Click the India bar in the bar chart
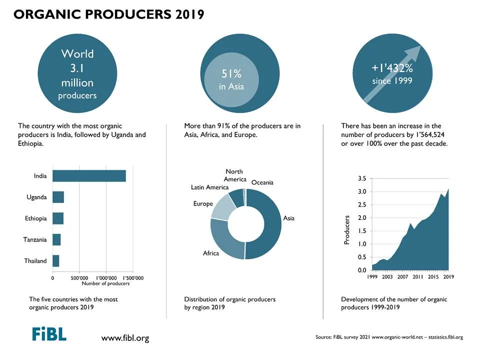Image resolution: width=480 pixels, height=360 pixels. coord(89,175)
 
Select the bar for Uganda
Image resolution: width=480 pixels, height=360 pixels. coord(58,197)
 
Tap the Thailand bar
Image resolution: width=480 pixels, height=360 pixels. coord(55,261)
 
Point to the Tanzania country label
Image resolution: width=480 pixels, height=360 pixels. coord(35,239)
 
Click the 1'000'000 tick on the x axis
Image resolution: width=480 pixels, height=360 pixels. coord(106,278)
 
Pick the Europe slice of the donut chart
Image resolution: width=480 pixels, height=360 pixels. coord(223,206)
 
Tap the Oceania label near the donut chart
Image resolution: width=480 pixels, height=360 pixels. coord(262,182)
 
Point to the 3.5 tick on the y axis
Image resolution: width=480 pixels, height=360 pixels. coord(362,178)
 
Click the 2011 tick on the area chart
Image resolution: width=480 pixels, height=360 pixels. coord(418,276)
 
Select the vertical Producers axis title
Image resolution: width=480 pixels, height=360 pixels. coord(346,230)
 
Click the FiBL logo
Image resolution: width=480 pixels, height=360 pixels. coord(49,334)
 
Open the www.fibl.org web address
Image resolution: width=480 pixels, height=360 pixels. coord(125,338)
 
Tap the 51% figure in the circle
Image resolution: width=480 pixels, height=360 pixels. coord(231,73)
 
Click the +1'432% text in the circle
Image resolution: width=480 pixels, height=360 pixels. coord(392,68)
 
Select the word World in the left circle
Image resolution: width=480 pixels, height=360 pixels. coord(77,54)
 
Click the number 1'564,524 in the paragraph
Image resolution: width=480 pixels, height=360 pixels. coord(430,134)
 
